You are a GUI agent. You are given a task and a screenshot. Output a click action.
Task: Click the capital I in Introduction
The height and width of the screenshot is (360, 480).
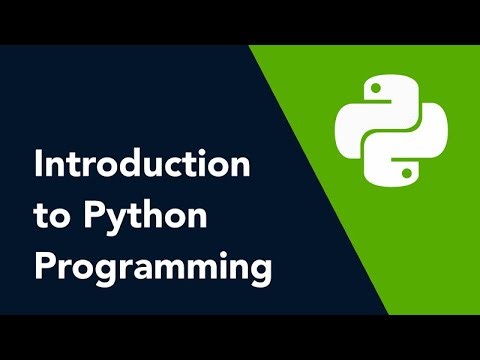point(38,165)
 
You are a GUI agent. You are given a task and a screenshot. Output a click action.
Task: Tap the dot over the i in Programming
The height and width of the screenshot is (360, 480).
point(211,256)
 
